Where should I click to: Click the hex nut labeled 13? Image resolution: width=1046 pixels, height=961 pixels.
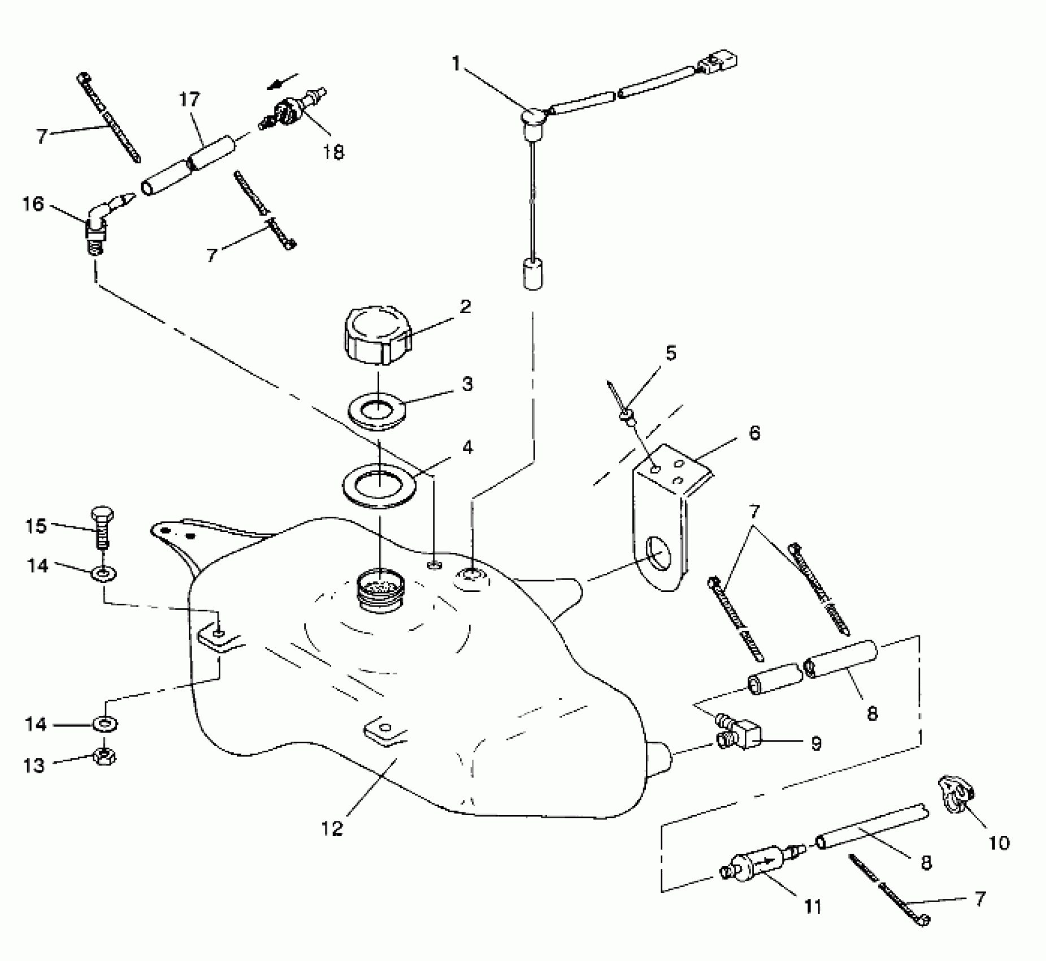(104, 759)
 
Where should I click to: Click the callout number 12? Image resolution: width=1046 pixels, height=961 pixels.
(332, 829)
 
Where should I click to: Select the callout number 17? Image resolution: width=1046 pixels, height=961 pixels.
(189, 100)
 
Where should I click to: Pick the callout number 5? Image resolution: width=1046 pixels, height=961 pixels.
(670, 353)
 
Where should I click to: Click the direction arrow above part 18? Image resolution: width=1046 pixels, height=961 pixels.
(283, 81)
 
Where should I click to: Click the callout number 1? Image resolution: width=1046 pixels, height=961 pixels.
(457, 64)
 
